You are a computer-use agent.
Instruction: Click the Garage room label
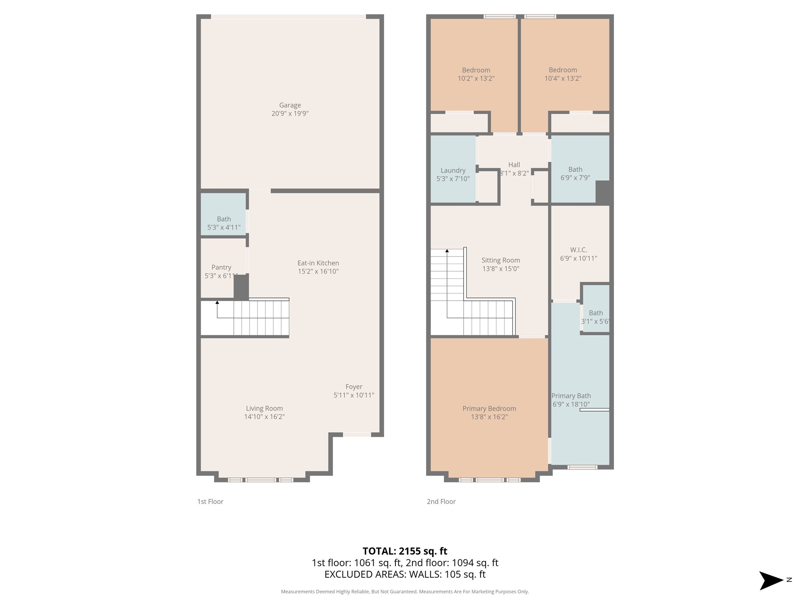click(290, 105)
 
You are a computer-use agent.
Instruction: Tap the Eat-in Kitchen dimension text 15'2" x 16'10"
click(318, 272)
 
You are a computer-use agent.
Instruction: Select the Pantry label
click(221, 268)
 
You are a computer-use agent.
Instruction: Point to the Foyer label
click(354, 387)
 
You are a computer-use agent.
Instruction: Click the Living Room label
click(264, 408)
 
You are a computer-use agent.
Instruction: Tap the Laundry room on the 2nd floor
click(453, 171)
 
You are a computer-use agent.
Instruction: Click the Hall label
click(514, 165)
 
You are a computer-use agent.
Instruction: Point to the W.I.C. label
click(578, 250)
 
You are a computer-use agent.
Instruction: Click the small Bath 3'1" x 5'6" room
click(596, 313)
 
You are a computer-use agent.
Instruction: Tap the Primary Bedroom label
click(489, 408)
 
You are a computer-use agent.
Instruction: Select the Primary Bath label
click(571, 396)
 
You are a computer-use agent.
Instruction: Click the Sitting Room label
click(500, 260)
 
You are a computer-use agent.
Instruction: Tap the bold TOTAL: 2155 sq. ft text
click(405, 551)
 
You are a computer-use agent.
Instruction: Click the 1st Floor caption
click(210, 502)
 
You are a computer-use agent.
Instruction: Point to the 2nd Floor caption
click(441, 502)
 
